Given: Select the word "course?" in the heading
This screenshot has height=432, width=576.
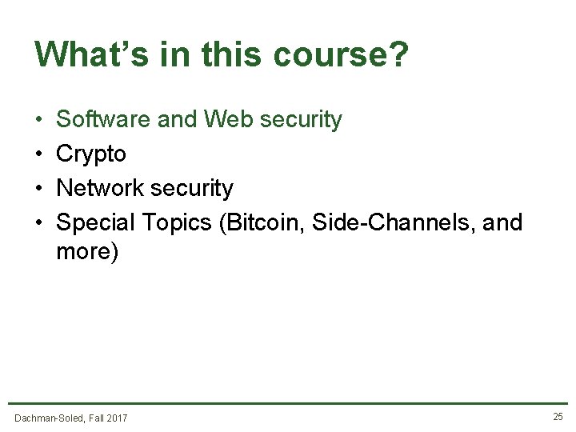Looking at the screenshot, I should (341, 54).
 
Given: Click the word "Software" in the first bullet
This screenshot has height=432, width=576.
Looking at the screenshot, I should (103, 120).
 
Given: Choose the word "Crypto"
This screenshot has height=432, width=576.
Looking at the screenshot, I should (91, 154).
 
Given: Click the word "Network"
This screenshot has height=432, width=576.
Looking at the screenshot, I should (102, 189).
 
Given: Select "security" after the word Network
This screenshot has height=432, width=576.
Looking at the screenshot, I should (193, 189).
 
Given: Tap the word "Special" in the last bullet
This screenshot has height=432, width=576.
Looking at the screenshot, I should (96, 222).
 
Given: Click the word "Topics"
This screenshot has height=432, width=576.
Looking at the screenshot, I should (176, 222).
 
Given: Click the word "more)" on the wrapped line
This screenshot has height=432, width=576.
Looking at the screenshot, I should (87, 252).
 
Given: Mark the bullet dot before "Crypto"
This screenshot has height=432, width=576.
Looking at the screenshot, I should (39, 154).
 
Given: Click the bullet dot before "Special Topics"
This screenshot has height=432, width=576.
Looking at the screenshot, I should (39, 223).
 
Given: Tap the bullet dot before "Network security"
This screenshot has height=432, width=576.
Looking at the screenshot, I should (39, 189).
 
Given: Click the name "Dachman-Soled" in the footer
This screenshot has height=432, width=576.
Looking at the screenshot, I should (49, 418).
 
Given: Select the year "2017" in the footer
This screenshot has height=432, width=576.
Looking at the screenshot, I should (116, 418).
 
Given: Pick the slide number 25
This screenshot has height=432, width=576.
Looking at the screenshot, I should (558, 417).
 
